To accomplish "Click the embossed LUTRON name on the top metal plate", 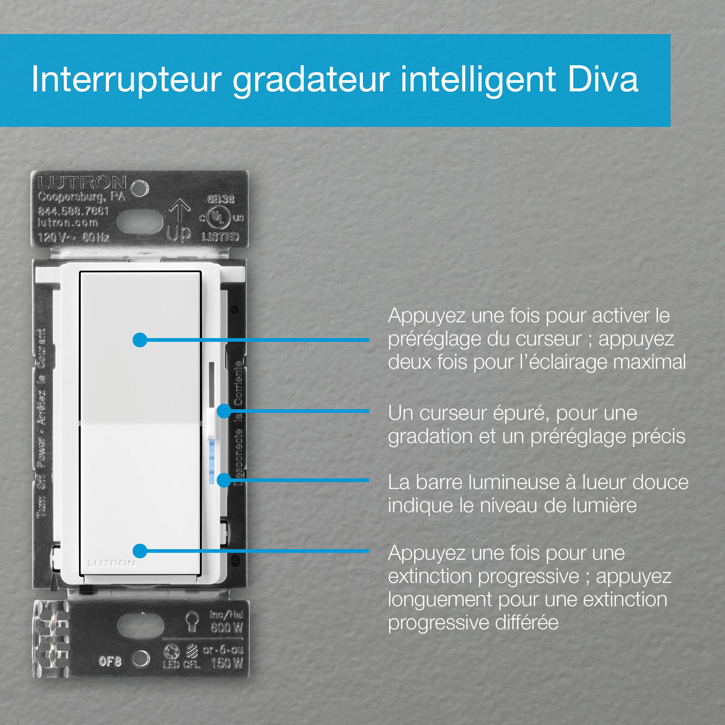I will (82, 183).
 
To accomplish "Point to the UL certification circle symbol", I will (218, 218).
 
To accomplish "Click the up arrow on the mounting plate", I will (179, 211).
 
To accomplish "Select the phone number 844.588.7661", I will (73, 211).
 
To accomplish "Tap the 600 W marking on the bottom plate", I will (226, 628).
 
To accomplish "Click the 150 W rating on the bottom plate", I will (227, 663).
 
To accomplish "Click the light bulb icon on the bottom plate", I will (192, 621).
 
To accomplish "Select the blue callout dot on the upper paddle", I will (140, 340).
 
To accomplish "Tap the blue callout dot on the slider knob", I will (223, 411).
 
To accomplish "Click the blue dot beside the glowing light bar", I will (223, 480).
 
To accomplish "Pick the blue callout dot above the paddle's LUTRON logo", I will (140, 551).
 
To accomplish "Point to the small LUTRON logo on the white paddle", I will (112, 564).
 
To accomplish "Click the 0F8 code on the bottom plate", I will (110, 661).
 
